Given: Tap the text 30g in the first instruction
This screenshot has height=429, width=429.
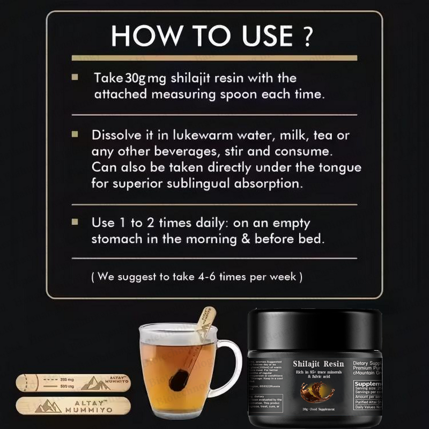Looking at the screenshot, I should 135,78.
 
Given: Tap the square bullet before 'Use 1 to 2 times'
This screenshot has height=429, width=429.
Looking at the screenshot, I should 76,221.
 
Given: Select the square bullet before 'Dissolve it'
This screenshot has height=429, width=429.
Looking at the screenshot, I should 76,134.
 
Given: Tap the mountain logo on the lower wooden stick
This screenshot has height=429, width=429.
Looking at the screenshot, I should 46,407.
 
